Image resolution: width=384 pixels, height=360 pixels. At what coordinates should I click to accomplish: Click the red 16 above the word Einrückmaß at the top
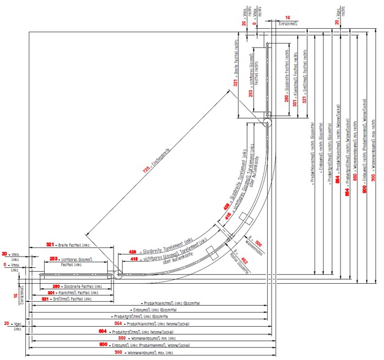tap(287, 18)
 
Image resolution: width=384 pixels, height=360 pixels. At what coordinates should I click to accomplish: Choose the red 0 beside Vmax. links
tap(6, 264)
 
